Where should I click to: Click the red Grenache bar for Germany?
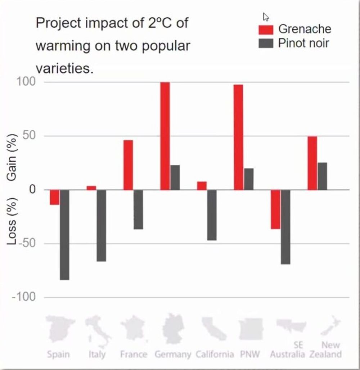[165, 136]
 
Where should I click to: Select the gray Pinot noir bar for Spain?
[64, 235]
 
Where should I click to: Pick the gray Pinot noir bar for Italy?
[101, 225]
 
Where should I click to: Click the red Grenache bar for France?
[128, 165]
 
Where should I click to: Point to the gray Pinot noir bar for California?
[212, 215]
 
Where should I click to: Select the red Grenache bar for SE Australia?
[275, 209]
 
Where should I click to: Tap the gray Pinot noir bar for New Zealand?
[322, 176]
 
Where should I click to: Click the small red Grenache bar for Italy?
[91, 188]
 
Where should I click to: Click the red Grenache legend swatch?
[266, 30]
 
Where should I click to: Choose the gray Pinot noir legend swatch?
[266, 43]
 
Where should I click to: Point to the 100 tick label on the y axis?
[26, 82]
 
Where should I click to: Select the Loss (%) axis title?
[12, 221]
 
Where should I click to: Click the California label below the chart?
[215, 354]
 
